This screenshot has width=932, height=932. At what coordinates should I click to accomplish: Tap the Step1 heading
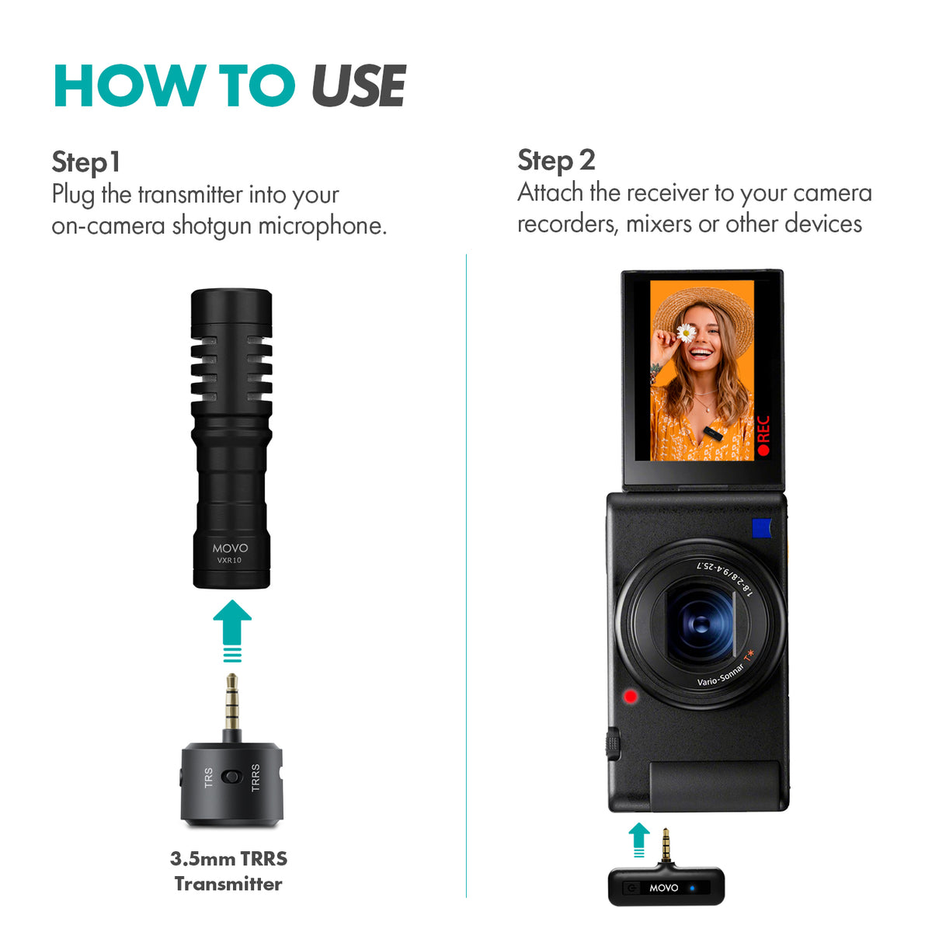86,162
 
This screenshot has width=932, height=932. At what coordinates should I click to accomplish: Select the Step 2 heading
556,160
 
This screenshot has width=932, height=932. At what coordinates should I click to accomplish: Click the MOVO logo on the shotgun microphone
231,548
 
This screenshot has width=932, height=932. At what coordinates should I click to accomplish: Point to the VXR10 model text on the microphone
229,560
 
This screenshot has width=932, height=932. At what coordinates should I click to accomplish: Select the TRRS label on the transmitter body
256,777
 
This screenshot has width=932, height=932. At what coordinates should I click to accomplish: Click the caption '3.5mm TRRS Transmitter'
228,871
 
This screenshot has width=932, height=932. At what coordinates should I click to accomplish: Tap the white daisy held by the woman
686,333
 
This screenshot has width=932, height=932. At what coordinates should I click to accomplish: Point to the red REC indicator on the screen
763,435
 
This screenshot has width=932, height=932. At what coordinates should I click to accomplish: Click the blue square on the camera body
761,527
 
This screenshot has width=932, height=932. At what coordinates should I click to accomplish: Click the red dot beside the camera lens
630,696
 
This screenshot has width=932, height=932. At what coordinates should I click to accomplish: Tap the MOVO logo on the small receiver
663,888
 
